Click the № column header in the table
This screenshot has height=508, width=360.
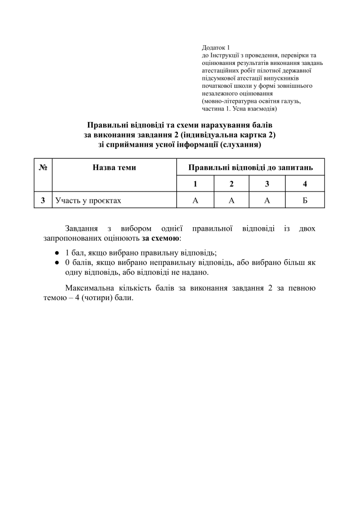coord(43,168)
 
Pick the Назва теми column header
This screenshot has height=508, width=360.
coord(114,168)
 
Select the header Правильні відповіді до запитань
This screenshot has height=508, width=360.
coord(250,168)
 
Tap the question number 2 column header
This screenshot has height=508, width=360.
coord(231,184)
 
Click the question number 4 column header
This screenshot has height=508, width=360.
coord(305,184)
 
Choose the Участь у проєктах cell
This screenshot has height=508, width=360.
coord(88,200)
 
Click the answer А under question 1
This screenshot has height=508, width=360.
coord(195,200)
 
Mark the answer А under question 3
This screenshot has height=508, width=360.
coord(267,200)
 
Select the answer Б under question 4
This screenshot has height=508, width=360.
coord(305,200)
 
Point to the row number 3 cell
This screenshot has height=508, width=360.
coord(43,200)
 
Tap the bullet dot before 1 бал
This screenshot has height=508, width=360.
coord(58,252)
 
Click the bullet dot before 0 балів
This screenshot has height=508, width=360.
coord(58,262)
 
